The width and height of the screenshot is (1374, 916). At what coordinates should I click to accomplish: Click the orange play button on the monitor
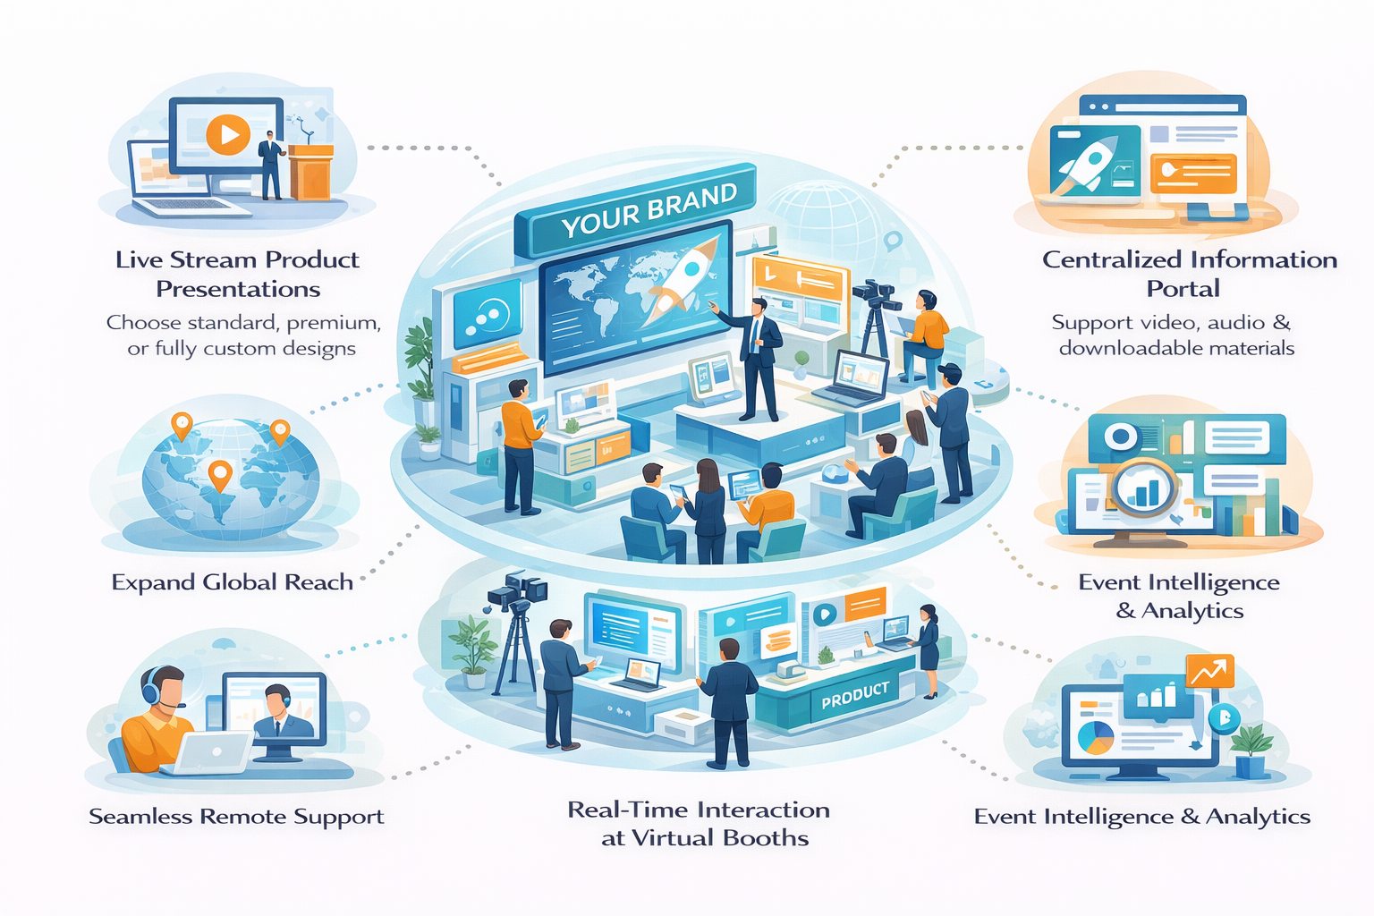click(227, 135)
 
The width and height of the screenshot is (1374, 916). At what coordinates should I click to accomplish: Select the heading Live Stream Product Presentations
click(237, 274)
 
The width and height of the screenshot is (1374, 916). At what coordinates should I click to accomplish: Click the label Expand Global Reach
click(233, 582)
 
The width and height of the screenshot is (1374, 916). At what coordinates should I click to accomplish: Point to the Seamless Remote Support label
click(236, 816)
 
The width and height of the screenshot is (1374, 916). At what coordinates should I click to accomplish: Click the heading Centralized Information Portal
click(1189, 274)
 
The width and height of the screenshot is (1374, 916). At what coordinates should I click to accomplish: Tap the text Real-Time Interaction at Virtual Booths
click(700, 823)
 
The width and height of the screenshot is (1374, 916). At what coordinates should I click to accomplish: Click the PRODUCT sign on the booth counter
click(854, 694)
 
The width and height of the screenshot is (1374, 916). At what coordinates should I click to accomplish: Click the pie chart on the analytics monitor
click(1096, 737)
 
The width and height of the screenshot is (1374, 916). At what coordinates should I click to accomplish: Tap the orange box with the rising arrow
click(1209, 671)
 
